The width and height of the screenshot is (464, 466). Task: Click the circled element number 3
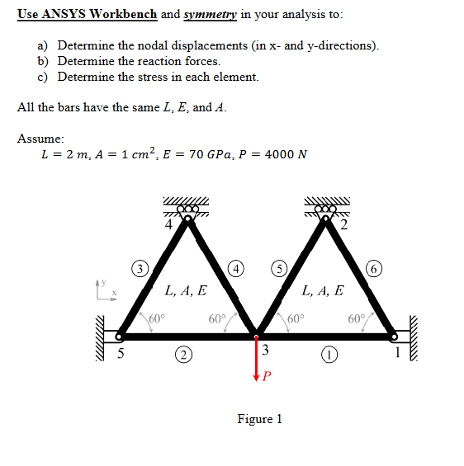point(142,268)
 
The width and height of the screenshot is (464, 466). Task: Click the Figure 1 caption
point(259,419)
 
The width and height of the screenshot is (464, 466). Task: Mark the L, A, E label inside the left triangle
point(186,290)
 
